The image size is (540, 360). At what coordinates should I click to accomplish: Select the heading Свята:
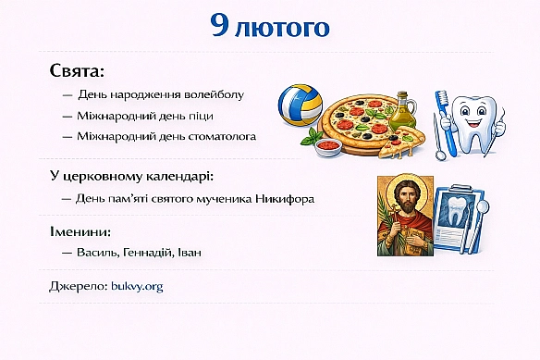(x=78, y=71)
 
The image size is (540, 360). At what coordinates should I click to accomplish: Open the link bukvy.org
(x=137, y=286)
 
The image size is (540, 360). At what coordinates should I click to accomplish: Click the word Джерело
(x=77, y=286)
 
